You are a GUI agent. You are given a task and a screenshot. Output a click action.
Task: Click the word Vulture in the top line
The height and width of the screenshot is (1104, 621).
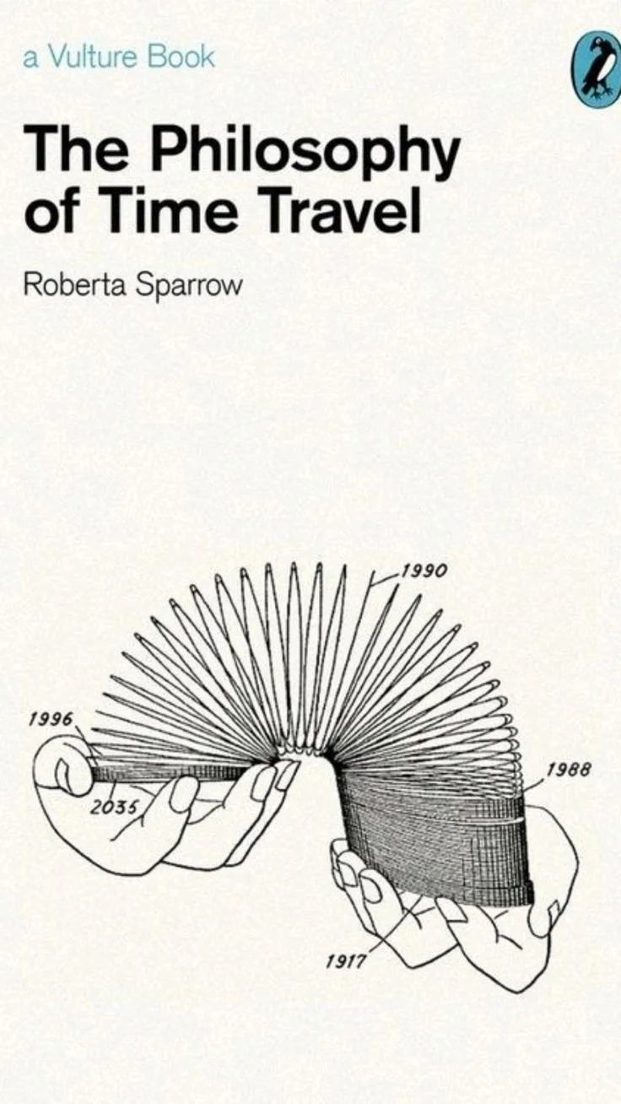tap(94, 58)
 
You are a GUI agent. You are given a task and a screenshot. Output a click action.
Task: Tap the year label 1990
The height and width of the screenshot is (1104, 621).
tap(424, 571)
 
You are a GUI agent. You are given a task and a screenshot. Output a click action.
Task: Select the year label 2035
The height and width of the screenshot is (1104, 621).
tap(113, 806)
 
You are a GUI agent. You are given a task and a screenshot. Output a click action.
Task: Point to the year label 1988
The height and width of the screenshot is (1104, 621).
tap(568, 770)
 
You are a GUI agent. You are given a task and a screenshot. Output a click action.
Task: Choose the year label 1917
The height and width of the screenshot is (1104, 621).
tap(346, 961)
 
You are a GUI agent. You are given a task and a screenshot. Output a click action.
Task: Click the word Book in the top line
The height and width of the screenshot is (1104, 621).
tap(181, 58)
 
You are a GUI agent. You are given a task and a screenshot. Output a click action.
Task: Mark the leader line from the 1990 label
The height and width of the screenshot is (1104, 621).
tap(385, 578)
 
